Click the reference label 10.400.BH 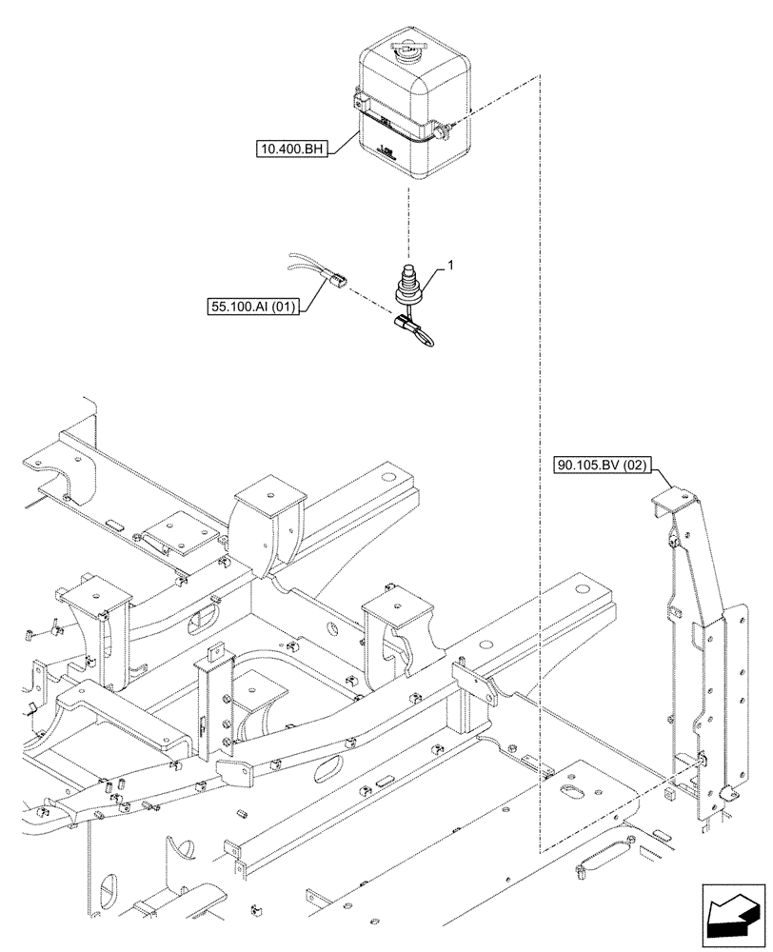tap(290, 149)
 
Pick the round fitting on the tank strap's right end tap(444, 130)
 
